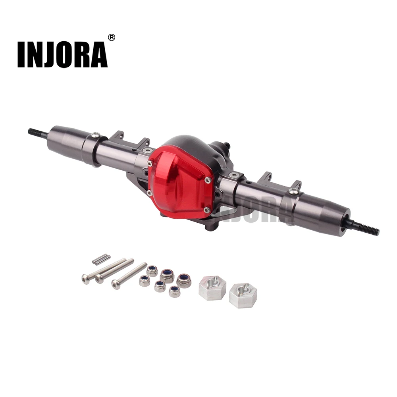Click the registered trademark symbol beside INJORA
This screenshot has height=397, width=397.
112,37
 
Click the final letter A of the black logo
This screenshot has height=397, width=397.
98,55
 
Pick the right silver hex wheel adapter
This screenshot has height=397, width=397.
243,295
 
